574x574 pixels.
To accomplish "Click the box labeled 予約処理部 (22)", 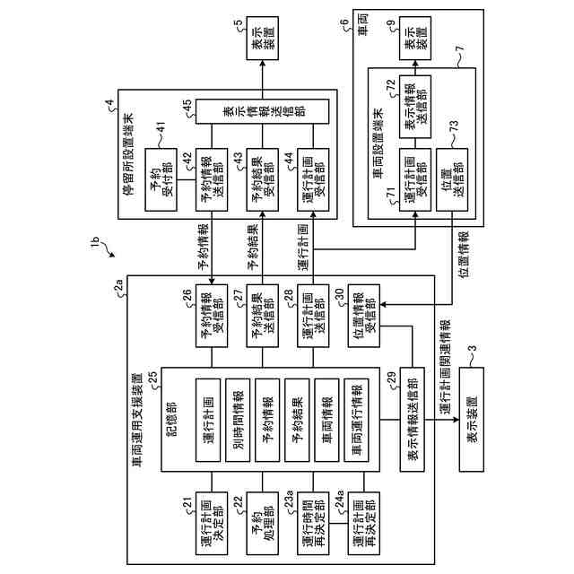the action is [x=262, y=523].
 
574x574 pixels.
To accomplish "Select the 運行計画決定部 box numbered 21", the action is [x=212, y=523].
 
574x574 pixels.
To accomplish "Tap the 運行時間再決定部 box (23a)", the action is [x=313, y=523].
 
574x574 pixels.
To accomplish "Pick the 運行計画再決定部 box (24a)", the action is [x=363, y=523].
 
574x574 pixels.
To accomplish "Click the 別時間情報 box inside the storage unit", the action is [x=238, y=420].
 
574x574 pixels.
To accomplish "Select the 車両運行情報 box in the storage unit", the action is [x=356, y=420].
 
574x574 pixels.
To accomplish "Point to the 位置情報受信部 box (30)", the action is [x=363, y=316].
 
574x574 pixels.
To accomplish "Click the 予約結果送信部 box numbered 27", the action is [x=262, y=316].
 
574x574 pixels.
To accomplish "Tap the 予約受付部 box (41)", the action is [x=161, y=179].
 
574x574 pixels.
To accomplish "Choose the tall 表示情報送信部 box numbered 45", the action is [x=262, y=111].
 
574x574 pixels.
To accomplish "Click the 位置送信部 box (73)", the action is [x=452, y=179].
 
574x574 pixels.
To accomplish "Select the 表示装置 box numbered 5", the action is [x=262, y=38].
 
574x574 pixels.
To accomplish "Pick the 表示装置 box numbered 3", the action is [x=472, y=420].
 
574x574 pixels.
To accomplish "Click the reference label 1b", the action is [x=95, y=243].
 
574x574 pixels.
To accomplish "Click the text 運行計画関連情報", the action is [x=445, y=367].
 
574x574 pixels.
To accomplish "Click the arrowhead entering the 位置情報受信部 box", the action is [x=383, y=304].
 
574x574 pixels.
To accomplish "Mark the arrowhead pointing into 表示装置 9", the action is [x=415, y=64].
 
